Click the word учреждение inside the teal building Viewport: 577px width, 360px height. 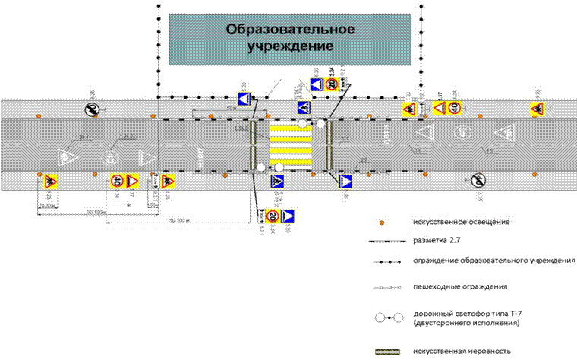click(292, 46)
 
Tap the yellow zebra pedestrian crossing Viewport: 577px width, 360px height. click(290, 144)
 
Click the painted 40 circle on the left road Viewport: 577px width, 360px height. click(110, 159)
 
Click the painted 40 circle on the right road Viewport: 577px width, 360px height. click(461, 133)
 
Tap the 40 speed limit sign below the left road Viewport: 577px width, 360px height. click(117, 181)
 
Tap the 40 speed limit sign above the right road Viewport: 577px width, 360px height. click(453, 108)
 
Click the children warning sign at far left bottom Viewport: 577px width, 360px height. click(50, 181)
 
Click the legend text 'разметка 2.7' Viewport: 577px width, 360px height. click(438, 241)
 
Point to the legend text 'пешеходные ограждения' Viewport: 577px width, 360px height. click(462, 287)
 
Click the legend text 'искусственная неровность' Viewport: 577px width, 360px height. click(462, 351)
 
